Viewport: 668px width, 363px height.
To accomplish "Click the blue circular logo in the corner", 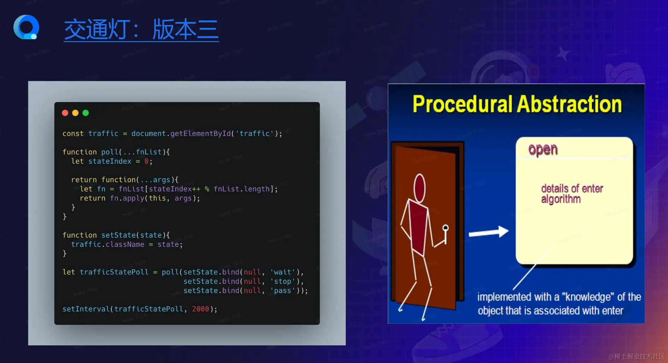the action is click(x=26, y=27).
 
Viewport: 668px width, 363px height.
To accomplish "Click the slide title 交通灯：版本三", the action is click(x=141, y=30).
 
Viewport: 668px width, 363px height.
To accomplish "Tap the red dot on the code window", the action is click(x=65, y=113).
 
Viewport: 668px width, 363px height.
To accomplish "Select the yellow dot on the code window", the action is click(x=75, y=113).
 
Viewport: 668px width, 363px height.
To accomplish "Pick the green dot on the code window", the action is click(x=85, y=113).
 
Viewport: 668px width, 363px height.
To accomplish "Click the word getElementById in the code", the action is click(x=201, y=134).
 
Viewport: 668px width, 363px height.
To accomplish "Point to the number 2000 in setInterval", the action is click(x=201, y=309).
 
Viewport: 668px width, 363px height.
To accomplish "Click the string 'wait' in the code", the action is click(x=283, y=272).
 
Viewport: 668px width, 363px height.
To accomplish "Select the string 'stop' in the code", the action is click(x=283, y=281).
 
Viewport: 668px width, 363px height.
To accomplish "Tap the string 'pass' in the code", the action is click(x=283, y=291).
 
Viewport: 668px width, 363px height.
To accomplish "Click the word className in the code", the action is click(x=125, y=244).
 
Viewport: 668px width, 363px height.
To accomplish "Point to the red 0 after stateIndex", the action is click(x=147, y=161).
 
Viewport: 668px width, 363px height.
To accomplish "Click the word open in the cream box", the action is click(x=543, y=150).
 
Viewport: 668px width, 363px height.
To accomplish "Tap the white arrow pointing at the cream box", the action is click(x=489, y=232).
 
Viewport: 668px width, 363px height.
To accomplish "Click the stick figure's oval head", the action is click(x=420, y=188).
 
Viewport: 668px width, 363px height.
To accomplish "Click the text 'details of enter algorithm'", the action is click(x=572, y=194).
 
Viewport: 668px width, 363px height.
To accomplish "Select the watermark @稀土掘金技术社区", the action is click(x=637, y=357).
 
